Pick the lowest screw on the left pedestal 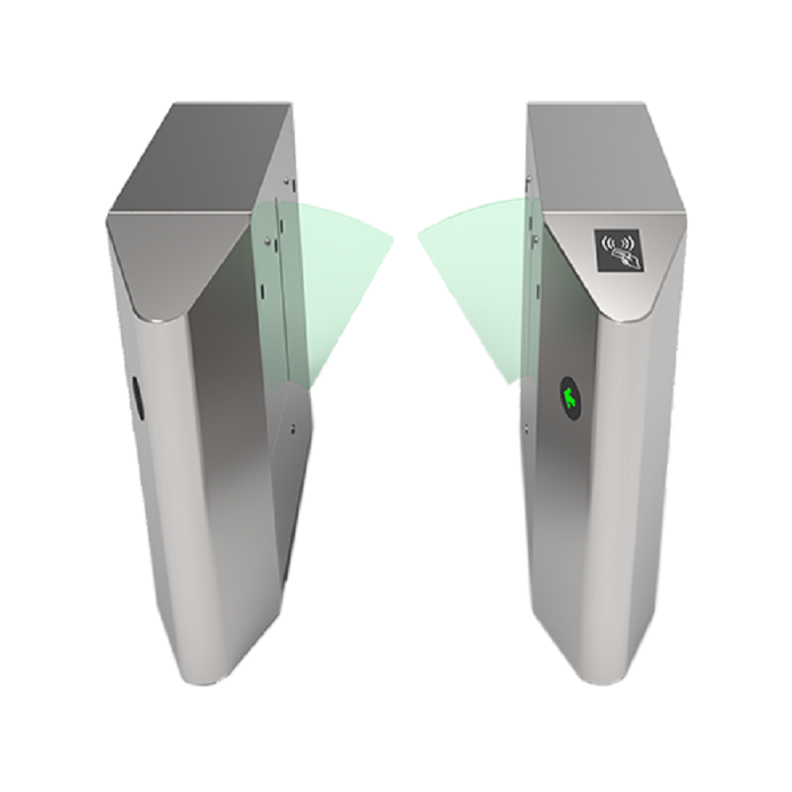294,429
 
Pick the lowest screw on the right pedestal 526,428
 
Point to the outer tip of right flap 420,238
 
